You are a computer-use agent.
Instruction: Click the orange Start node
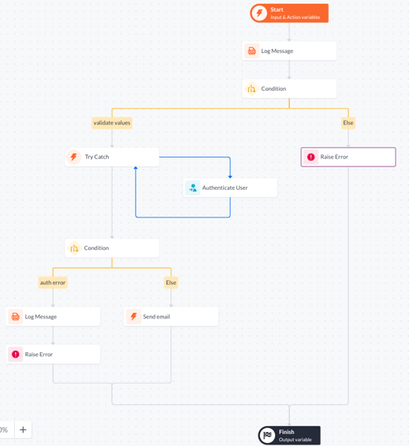tap(289, 13)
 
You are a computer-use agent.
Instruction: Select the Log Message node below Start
tap(289, 51)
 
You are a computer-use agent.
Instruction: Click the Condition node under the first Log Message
tap(289, 89)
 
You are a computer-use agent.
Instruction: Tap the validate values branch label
tap(112, 123)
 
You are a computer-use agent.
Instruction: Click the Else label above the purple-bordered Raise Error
tap(348, 123)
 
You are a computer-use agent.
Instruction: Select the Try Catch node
tap(112, 157)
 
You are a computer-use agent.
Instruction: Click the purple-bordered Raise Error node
tap(348, 157)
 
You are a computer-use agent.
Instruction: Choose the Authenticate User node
tap(230, 188)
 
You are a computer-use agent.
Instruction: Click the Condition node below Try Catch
tap(112, 248)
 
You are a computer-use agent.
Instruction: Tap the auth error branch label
tap(53, 282)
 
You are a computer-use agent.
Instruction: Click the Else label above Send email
tap(171, 282)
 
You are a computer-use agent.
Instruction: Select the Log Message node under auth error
tap(53, 317)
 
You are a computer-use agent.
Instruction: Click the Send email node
tap(171, 317)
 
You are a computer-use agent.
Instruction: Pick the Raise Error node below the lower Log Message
tap(53, 355)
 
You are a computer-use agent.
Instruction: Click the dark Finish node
tap(289, 436)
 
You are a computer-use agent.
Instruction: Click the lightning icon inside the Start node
tap(259, 13)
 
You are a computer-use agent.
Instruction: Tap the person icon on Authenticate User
tap(193, 188)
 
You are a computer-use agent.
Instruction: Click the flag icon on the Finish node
tap(267, 436)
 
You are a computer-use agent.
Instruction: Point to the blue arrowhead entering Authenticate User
tap(230, 177)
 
